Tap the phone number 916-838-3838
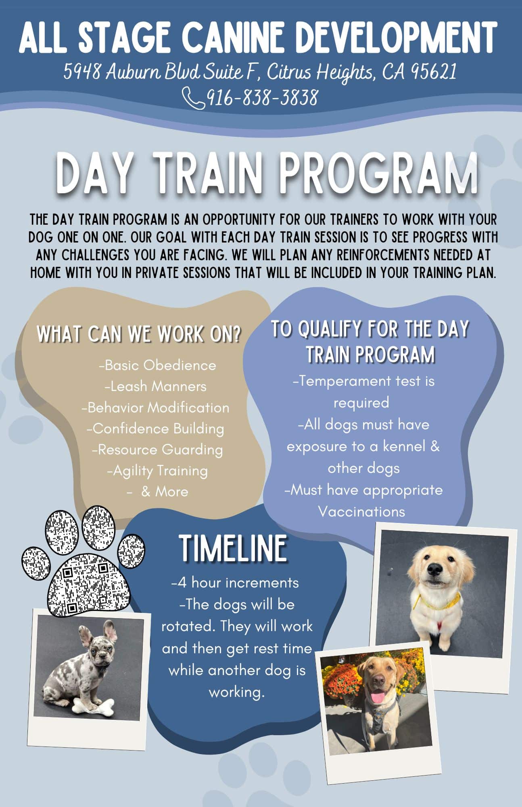(263, 98)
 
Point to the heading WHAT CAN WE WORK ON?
(139, 334)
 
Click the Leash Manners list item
(156, 387)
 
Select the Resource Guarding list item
(158, 450)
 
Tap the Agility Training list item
(158, 471)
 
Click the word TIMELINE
(233, 548)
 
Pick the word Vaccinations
(361, 512)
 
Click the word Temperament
(345, 381)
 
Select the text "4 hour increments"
(236, 583)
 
